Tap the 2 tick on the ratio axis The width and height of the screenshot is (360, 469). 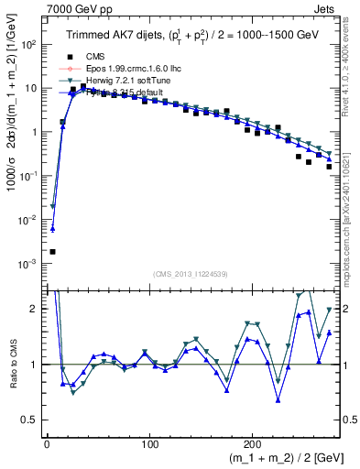click(x=36, y=309)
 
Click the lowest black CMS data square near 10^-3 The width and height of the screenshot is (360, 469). click(x=52, y=251)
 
